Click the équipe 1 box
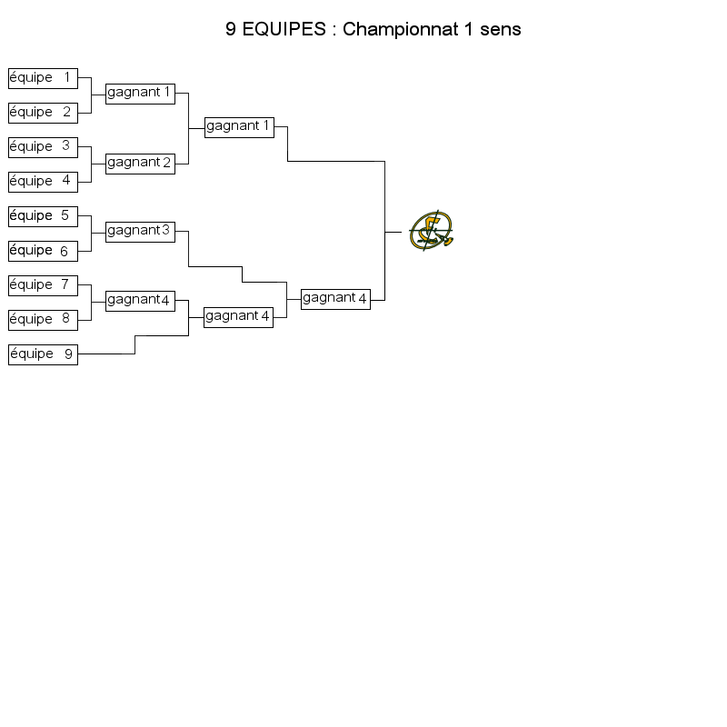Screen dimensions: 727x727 click(x=43, y=78)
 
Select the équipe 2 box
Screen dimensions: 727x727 click(x=43, y=113)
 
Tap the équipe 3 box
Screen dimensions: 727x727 click(x=43, y=147)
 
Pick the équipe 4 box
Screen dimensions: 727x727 click(x=43, y=183)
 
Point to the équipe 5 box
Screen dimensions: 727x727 click(x=43, y=216)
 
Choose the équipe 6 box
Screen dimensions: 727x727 click(x=43, y=252)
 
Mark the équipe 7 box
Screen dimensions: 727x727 click(x=43, y=285)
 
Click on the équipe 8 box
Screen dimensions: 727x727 click(x=43, y=321)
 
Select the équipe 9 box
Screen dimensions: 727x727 click(x=43, y=354)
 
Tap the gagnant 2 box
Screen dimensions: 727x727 click(x=141, y=164)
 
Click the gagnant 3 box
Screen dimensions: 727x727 click(x=141, y=232)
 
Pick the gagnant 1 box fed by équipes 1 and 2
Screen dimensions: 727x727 click(x=141, y=94)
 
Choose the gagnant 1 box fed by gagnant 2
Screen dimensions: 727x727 click(x=239, y=127)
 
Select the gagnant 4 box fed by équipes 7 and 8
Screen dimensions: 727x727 click(x=141, y=301)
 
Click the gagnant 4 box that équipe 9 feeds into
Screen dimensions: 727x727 click(x=238, y=317)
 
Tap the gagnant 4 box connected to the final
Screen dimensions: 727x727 click(x=335, y=299)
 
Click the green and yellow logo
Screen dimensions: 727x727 click(x=431, y=231)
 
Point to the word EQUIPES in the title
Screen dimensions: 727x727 click(x=284, y=29)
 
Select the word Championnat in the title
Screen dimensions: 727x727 click(x=401, y=30)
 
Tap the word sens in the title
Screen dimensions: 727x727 click(x=501, y=30)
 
